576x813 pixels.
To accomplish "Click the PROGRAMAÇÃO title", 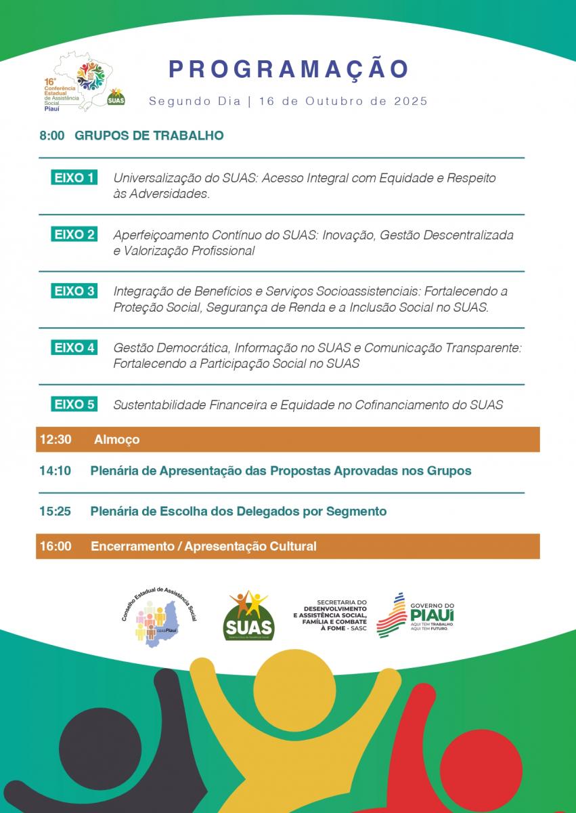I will click(288, 69).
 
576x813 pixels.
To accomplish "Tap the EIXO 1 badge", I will click(74, 178).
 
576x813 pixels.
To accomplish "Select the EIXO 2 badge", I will click(74, 235).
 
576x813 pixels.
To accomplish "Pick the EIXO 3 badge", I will click(74, 291).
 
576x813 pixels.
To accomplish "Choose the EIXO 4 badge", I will click(74, 348).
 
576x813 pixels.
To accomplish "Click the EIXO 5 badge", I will click(74, 404).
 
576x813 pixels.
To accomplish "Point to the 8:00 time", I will click(51, 135).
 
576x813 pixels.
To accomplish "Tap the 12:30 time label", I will click(56, 439).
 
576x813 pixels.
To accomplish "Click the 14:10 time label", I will click(56, 470).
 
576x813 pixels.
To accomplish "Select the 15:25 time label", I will click(56, 512).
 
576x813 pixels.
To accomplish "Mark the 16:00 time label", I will click(56, 546).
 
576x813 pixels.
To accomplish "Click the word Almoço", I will click(117, 439).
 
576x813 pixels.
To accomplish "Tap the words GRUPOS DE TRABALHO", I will click(149, 135).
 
